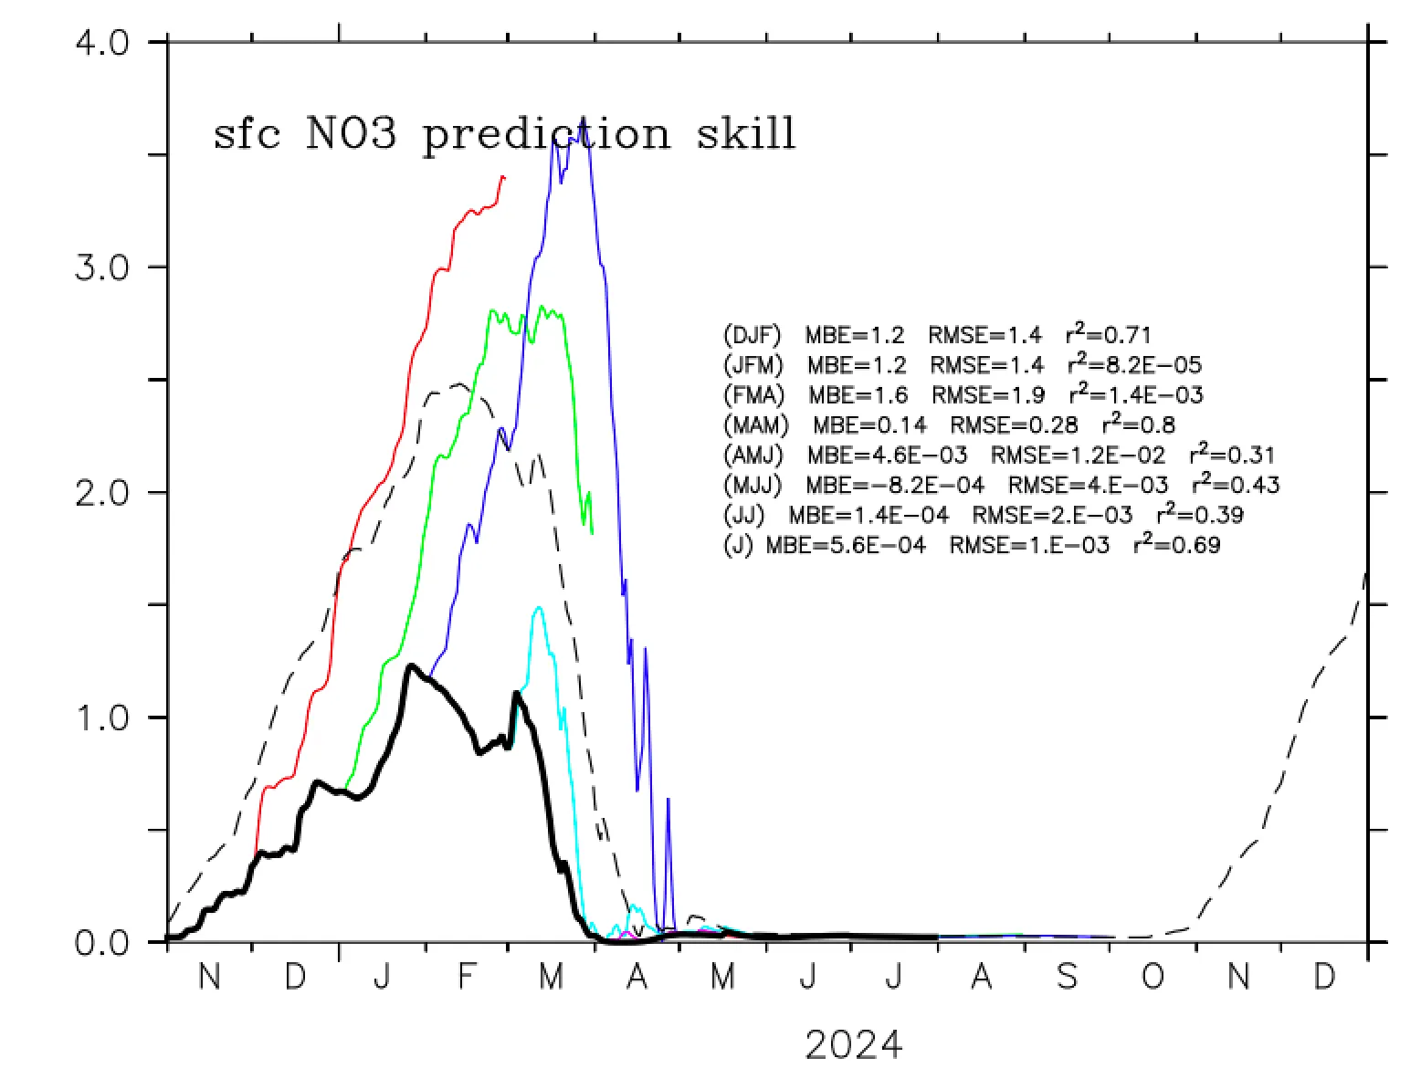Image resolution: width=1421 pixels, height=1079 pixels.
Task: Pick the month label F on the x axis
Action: coord(467,978)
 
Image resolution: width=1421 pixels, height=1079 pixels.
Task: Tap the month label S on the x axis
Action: coord(1066,978)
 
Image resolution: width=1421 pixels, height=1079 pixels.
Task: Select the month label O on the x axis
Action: coord(1153,978)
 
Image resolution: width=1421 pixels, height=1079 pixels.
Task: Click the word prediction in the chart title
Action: coord(546,135)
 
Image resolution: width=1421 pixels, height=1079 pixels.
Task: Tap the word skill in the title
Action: coord(746,134)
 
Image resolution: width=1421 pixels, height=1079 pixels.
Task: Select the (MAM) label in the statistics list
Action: coord(755,425)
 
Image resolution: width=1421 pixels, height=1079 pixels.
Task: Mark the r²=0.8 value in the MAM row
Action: coord(1138,424)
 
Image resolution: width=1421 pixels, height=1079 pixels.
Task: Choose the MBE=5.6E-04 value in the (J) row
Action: coord(845,546)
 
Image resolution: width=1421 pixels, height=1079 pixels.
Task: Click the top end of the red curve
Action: coord(503,176)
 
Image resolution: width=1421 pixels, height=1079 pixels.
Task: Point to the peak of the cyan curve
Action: coord(538,607)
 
